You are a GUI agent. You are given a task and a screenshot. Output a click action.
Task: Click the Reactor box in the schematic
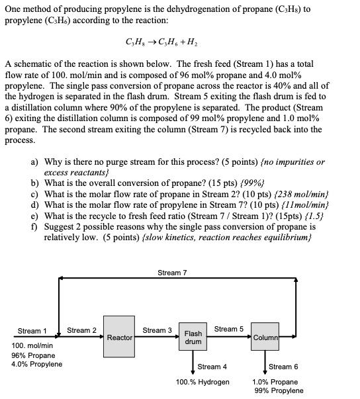point(120,337)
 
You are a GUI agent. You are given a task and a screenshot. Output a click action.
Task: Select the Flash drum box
point(193,337)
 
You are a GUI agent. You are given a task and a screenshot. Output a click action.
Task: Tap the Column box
point(265,337)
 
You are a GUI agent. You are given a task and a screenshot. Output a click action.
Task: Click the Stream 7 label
point(172,273)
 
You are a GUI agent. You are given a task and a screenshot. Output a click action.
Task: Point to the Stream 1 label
point(32,331)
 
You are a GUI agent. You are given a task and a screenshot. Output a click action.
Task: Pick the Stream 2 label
point(82,330)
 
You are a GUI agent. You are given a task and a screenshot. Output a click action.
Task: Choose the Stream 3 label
point(157,330)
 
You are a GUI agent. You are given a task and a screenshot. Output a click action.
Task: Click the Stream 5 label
point(228,329)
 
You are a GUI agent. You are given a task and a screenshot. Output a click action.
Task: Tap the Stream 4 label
point(212,367)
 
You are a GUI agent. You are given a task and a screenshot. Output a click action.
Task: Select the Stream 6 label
point(283,367)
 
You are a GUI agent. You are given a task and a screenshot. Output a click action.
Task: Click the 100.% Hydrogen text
point(202,382)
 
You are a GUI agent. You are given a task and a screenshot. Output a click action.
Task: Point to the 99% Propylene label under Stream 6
point(279,390)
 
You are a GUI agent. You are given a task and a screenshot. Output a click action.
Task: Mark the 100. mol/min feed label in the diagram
point(32,345)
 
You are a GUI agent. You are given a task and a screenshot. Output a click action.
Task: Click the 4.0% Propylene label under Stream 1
point(37,364)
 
